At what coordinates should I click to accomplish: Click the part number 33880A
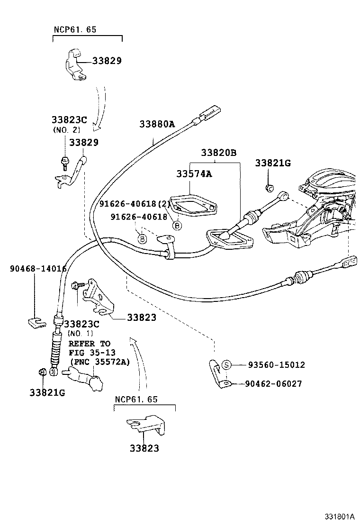[x=157, y=124]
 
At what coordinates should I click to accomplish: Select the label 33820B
[x=218, y=153]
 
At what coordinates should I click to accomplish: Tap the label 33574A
[x=194, y=174]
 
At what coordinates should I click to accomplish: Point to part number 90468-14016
[x=38, y=268]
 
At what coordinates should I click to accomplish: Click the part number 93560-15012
[x=276, y=365]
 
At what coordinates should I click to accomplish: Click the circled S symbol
[x=226, y=364]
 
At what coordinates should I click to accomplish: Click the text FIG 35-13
[x=92, y=353]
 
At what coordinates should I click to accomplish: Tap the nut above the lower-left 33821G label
[x=42, y=373]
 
